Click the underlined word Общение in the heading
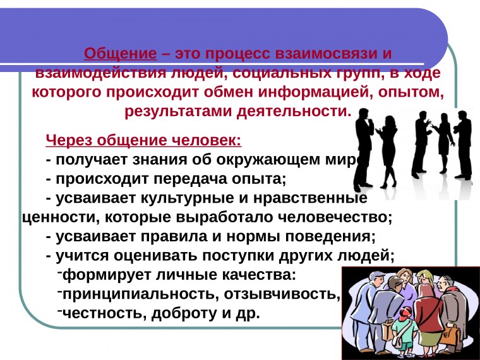click(120, 52)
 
